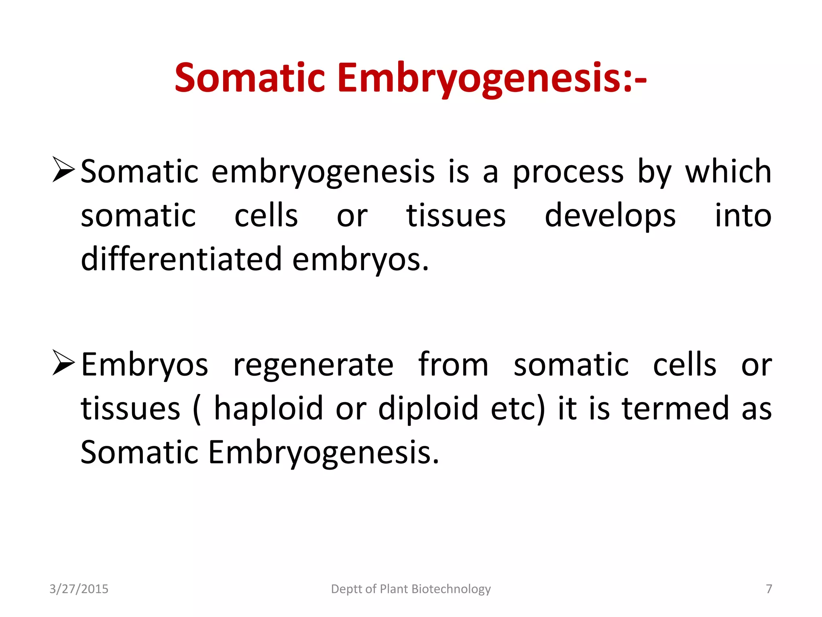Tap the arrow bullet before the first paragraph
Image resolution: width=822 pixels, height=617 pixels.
(x=63, y=170)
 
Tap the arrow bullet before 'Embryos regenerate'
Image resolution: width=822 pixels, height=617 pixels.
(x=63, y=364)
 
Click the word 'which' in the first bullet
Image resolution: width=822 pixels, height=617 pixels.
(x=728, y=172)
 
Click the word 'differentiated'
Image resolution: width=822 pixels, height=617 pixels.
(x=181, y=259)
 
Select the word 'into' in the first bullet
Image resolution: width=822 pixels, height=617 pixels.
(x=743, y=216)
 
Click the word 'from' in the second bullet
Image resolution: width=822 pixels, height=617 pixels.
(x=453, y=364)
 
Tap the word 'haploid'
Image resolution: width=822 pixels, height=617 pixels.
(x=268, y=409)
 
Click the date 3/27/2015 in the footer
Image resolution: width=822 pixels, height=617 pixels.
(x=79, y=589)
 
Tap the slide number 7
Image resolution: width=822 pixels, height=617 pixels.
(x=769, y=589)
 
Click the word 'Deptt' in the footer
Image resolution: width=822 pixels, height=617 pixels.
(x=346, y=589)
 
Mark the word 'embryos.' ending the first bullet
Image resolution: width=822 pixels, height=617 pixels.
(x=360, y=260)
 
